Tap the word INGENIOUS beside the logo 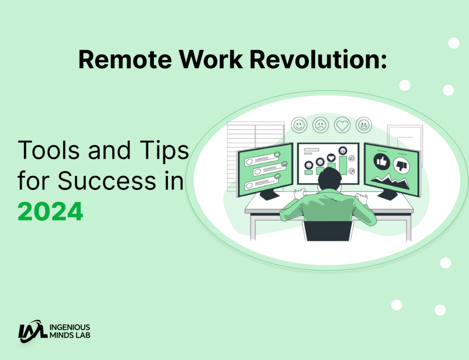[x=70, y=327]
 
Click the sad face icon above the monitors [x=321, y=125]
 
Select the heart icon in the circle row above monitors [x=342, y=125]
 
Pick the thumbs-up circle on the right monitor [x=381, y=161]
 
